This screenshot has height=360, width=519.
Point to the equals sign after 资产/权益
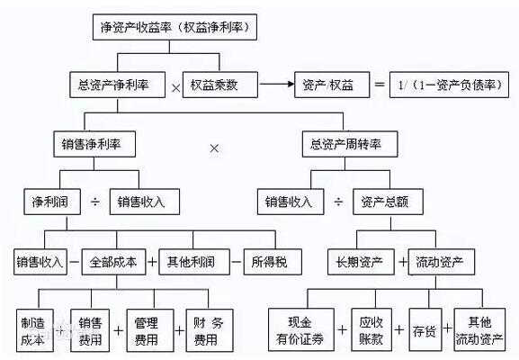[x=376, y=85]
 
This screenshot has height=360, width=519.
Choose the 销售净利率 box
[x=92, y=143]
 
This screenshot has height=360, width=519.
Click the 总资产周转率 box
[x=347, y=143]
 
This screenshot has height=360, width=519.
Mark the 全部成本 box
[x=114, y=262]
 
